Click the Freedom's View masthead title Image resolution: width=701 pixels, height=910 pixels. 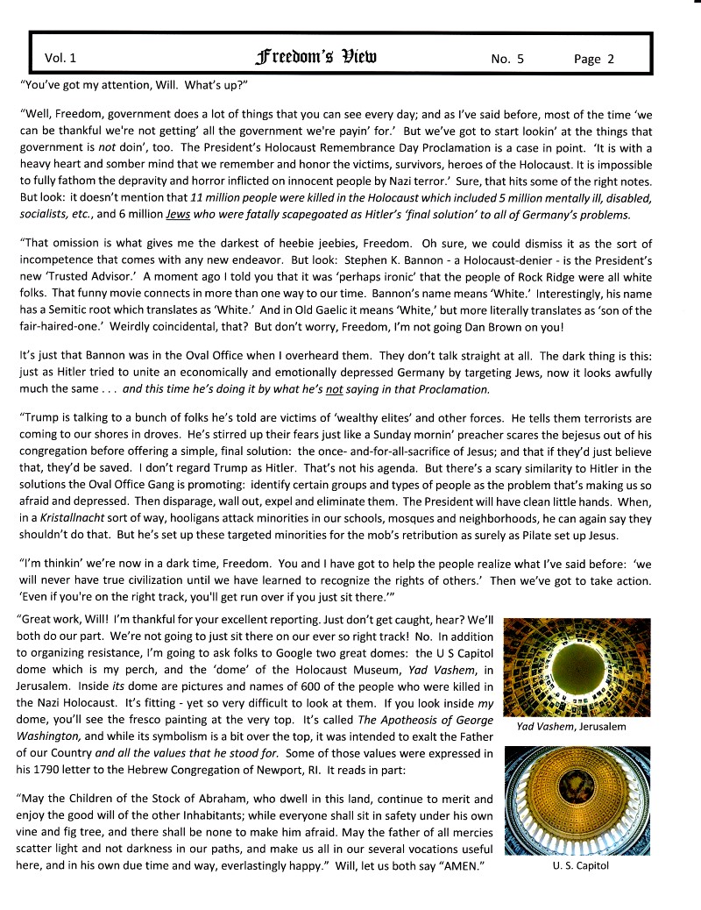318,58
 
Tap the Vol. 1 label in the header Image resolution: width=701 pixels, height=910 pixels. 60,59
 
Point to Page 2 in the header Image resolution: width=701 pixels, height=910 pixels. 594,59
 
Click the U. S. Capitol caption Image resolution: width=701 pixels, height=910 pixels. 574,866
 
